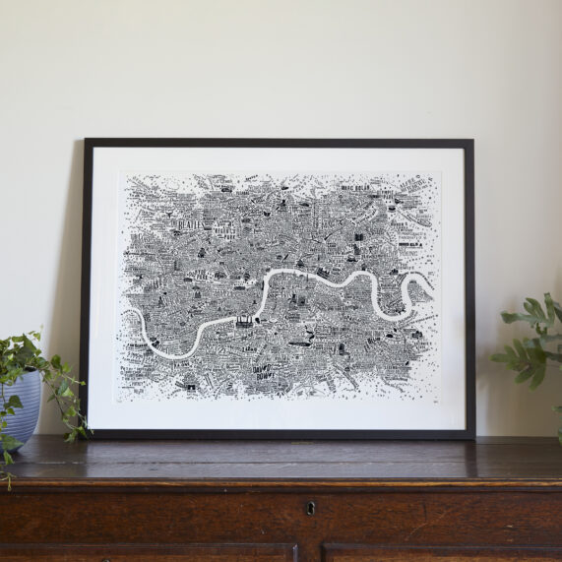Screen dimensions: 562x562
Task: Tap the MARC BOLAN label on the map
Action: point(361,185)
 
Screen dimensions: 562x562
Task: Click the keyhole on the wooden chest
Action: point(311,509)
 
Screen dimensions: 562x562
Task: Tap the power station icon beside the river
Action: point(241,320)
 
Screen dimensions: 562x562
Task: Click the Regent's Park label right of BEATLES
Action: point(228,232)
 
